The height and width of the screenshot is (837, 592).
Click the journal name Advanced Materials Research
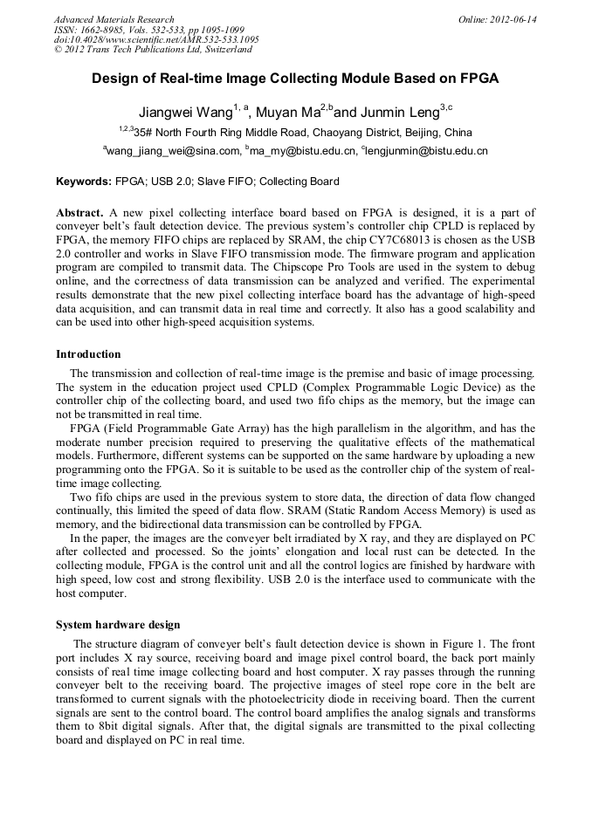click(114, 19)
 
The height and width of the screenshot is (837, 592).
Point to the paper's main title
click(295, 78)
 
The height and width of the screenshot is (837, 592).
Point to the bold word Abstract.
click(80, 213)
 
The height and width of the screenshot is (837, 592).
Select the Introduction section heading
click(88, 354)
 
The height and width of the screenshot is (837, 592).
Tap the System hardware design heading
click(118, 625)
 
